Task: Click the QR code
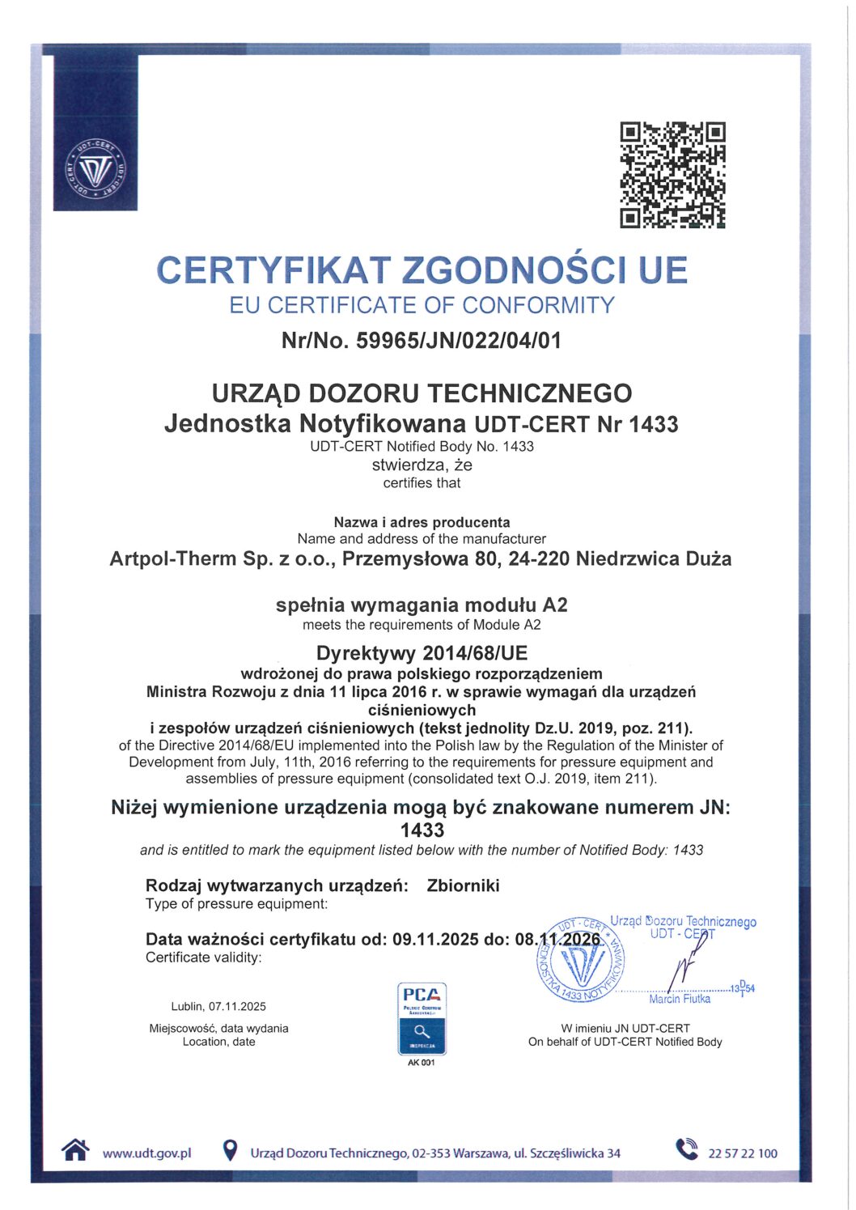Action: tap(672, 175)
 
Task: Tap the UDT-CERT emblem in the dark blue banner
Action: tap(95, 169)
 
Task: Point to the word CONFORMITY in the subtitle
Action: tap(538, 305)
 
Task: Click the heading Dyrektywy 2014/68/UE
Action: tap(422, 653)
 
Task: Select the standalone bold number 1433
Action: tap(422, 830)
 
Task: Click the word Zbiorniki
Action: tap(463, 885)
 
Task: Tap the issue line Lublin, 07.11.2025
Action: tap(218, 1007)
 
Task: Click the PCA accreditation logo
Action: tap(422, 1017)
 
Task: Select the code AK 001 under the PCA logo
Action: tap(422, 1063)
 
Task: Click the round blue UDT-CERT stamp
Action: tap(581, 959)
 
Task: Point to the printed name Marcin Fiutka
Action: tap(680, 999)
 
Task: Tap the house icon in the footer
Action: tap(75, 1150)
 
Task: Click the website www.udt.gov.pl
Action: tap(146, 1153)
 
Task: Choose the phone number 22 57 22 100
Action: tap(742, 1153)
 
